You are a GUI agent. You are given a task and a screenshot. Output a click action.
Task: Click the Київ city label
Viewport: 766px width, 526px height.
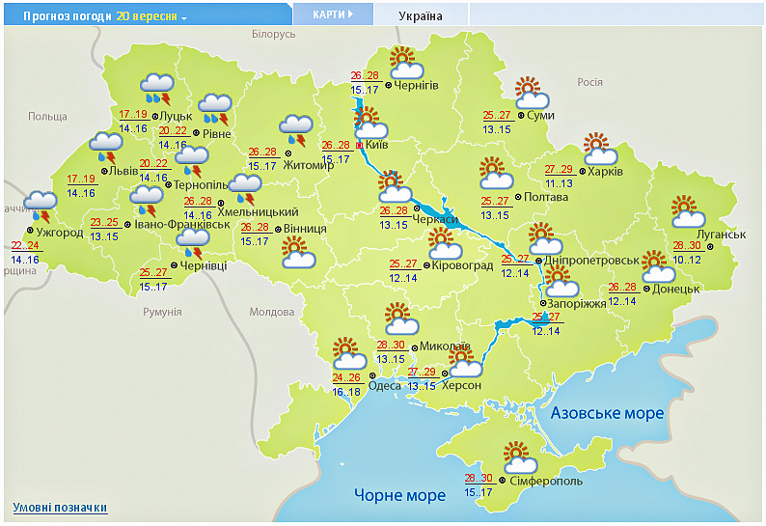[377, 145]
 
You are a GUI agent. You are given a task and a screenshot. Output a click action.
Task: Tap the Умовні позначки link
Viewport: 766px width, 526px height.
[60, 508]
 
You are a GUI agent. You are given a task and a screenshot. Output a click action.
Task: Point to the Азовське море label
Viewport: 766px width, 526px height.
[607, 413]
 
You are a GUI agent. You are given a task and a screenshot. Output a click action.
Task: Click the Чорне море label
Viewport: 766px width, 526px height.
[399, 495]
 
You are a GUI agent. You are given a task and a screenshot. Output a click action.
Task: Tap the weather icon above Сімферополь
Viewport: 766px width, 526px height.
[516, 455]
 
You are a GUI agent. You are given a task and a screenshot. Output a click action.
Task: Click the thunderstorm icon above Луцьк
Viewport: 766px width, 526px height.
[157, 88]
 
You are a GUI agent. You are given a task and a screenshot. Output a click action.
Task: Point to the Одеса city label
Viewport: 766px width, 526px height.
[385, 386]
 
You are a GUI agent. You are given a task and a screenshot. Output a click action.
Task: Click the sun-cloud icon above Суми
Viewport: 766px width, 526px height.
[531, 94]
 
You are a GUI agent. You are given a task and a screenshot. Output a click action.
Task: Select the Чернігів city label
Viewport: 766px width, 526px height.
[416, 85]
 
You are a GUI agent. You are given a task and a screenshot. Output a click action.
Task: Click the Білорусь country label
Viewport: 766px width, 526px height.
[273, 35]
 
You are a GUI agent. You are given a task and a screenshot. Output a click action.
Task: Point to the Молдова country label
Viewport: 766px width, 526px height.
[271, 312]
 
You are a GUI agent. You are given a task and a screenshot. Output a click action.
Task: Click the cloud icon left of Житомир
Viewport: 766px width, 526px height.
[295, 126]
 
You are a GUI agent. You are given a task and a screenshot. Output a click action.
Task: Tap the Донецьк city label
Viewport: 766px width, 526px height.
[676, 289]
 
